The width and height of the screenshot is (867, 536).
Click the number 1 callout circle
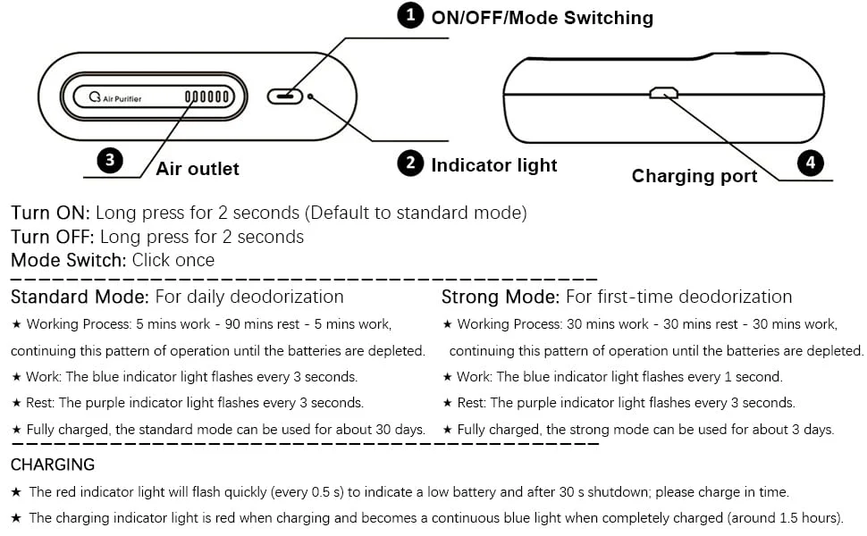click(x=410, y=15)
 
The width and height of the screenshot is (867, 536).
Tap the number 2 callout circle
click(x=410, y=163)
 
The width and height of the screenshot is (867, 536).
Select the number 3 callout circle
click(x=109, y=160)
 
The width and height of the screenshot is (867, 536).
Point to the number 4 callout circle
click(x=810, y=163)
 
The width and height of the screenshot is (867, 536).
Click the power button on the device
click(x=285, y=96)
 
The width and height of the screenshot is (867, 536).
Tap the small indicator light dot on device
click(x=310, y=96)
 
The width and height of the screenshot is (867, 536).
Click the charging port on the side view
click(x=663, y=92)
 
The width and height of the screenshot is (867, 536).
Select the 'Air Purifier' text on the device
click(x=122, y=99)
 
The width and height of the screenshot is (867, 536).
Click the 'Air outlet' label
click(x=198, y=169)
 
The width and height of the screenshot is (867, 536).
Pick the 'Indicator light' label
click(x=493, y=165)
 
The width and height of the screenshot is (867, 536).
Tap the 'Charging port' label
click(x=694, y=176)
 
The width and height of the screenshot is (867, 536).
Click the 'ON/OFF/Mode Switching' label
click(x=542, y=18)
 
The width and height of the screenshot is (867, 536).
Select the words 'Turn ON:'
click(x=50, y=213)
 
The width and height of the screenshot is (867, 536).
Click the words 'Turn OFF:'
click(x=53, y=237)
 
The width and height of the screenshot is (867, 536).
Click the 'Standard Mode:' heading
click(x=80, y=297)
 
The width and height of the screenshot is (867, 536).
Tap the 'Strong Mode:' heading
click(x=501, y=297)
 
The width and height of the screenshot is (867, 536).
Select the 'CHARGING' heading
click(x=53, y=465)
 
